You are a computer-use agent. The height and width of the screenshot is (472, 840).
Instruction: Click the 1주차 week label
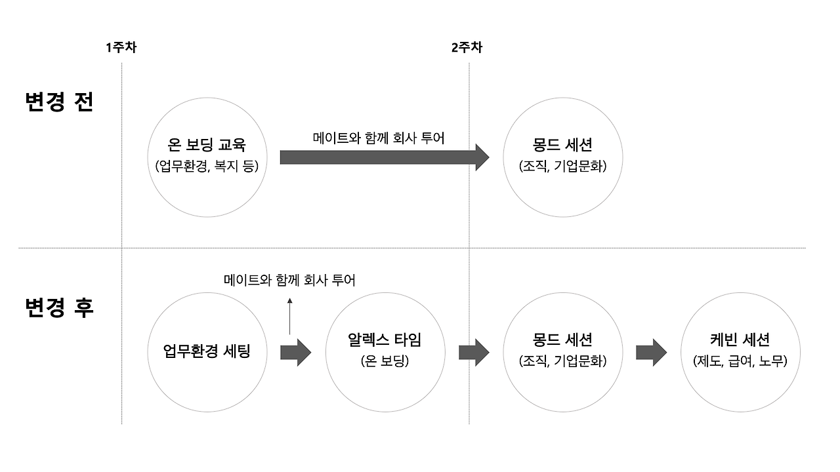point(121,47)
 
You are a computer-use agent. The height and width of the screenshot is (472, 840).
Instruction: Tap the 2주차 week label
point(467,47)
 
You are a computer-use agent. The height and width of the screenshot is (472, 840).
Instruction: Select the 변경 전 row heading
point(59,102)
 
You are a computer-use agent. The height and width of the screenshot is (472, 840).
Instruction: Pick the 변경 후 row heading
point(59,307)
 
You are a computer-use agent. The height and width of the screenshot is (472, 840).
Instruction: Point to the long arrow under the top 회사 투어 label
point(385,157)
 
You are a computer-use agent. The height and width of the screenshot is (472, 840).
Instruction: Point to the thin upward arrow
point(289,316)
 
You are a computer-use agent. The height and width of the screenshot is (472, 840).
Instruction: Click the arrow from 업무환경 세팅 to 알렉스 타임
point(296,353)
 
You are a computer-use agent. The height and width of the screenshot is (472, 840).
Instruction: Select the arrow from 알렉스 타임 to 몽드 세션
point(474,353)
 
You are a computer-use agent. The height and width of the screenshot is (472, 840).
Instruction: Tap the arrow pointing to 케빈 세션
point(652,353)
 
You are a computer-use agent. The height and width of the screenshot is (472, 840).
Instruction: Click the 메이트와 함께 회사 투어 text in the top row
point(379,138)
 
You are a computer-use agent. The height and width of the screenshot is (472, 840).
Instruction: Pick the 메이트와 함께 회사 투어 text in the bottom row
point(289,280)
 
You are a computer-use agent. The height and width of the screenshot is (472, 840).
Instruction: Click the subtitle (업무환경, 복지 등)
point(207,166)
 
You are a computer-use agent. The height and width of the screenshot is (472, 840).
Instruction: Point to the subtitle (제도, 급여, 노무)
point(740,361)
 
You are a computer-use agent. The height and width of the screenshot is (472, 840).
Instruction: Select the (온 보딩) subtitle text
point(385,361)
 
